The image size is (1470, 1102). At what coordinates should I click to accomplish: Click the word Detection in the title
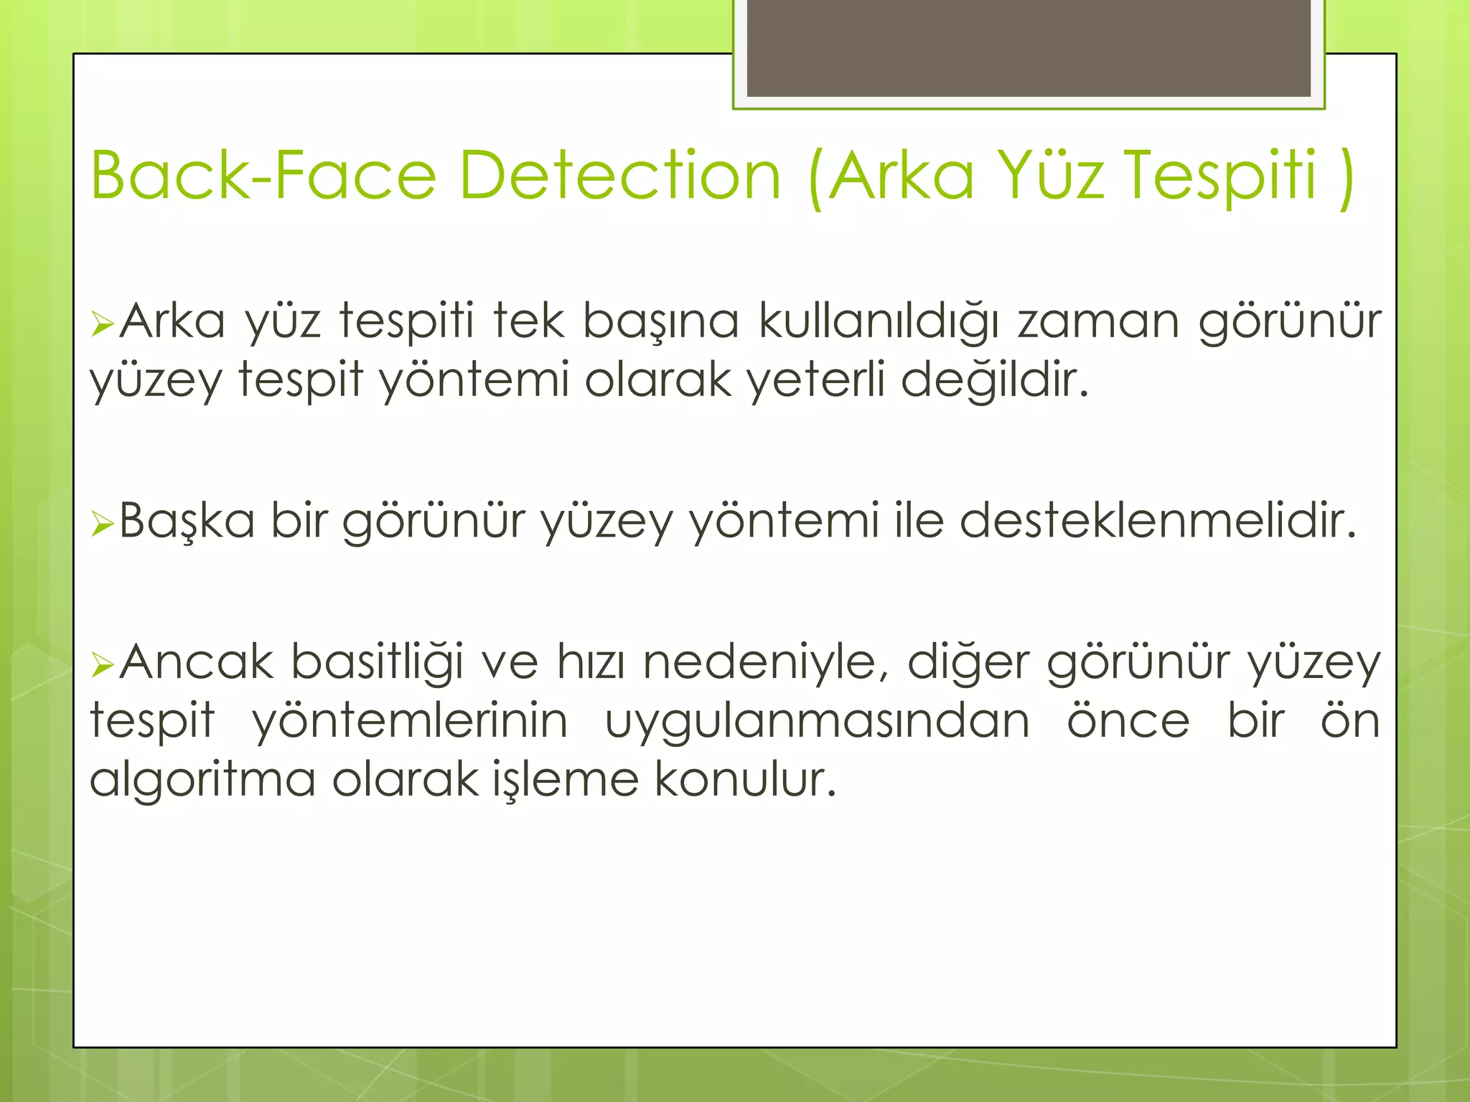[619, 176]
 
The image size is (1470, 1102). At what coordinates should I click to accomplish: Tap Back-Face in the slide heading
[263, 176]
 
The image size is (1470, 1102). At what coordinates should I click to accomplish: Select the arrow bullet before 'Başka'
[103, 525]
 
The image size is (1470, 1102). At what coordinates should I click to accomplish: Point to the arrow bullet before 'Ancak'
[103, 666]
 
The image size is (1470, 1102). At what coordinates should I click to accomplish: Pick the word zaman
[1098, 321]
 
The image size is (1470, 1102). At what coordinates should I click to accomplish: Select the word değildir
[995, 380]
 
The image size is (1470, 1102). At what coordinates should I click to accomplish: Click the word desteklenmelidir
[1158, 521]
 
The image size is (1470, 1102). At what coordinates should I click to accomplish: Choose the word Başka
[187, 521]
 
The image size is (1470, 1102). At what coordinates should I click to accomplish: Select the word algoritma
[202, 780]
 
